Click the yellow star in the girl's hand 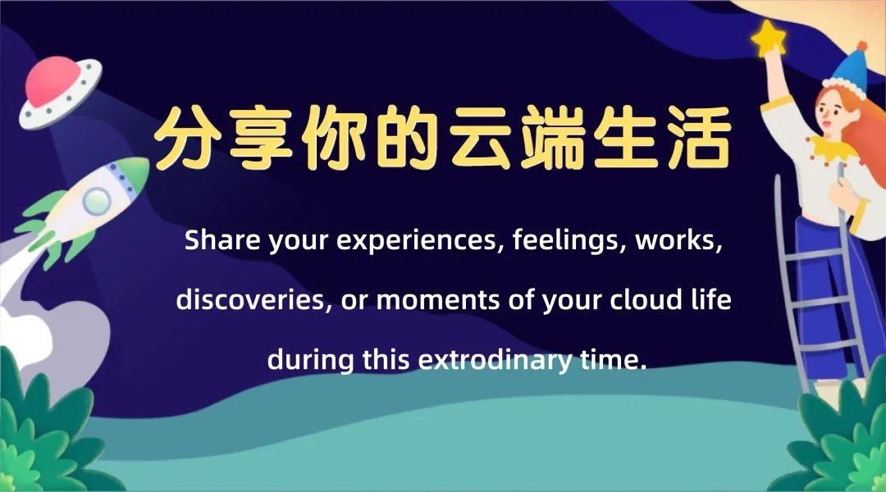coord(770,37)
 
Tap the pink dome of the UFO coord(51,80)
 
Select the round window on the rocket coord(97,198)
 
